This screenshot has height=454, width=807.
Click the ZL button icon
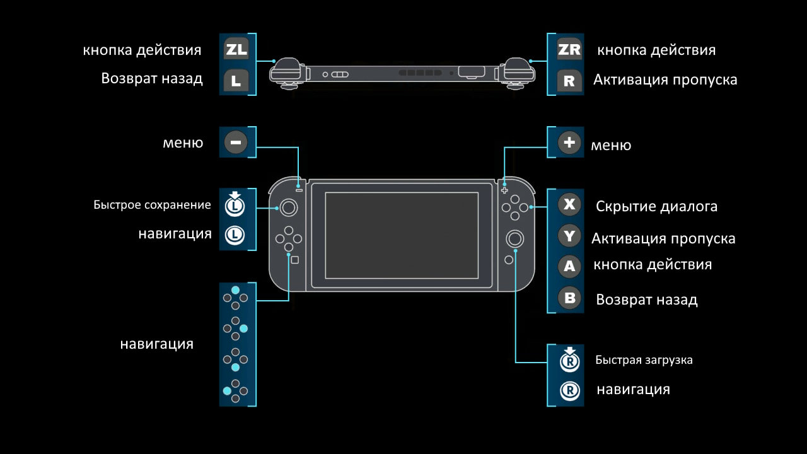point(236,49)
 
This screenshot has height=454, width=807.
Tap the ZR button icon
point(569,49)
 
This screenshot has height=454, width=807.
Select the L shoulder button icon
point(236,80)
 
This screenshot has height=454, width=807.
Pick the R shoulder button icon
point(569,80)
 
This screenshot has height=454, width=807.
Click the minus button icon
point(236,143)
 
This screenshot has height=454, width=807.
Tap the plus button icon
point(570,143)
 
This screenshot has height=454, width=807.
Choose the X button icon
point(570,204)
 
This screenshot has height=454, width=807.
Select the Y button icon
point(570,236)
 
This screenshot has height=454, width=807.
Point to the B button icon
point(570,298)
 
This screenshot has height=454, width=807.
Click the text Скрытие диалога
point(656,206)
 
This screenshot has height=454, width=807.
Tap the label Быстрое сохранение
point(152,204)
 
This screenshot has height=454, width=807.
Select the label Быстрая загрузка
point(644,360)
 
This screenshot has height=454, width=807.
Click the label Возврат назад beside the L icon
point(152,79)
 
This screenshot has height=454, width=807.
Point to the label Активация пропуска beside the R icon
point(665,80)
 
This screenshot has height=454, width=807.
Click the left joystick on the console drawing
point(289,207)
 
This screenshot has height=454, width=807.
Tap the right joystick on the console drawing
point(515,238)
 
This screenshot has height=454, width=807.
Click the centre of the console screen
point(402,235)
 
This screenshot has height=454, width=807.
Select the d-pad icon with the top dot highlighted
point(235,297)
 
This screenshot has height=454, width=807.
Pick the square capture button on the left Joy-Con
point(294,259)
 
